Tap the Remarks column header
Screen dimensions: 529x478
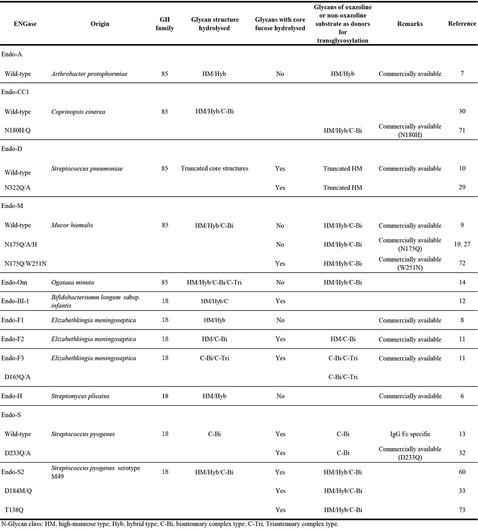click(x=410, y=24)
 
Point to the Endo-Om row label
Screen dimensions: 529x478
click(x=16, y=282)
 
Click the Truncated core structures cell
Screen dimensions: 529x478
click(x=215, y=168)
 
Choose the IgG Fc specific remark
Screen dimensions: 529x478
click(x=410, y=434)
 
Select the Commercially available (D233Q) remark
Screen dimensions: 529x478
click(x=410, y=453)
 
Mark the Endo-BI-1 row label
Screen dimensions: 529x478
click(x=19, y=301)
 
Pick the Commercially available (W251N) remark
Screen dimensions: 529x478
click(x=410, y=263)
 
